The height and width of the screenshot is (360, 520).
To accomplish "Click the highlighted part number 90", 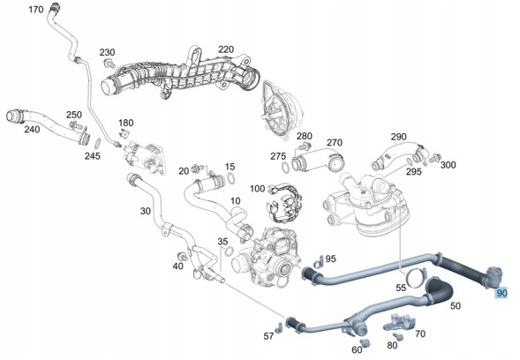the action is (501, 293).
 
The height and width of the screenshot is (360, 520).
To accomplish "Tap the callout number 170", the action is (36, 10).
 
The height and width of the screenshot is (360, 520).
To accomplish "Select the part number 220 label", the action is (226, 49).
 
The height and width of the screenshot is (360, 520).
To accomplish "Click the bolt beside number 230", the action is (109, 63).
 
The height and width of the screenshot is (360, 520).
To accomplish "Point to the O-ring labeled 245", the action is (98, 144).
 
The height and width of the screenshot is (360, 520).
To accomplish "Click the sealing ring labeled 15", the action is (231, 178).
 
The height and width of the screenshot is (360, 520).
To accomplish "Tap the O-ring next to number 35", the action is (229, 251).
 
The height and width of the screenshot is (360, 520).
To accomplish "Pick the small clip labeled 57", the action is (279, 327).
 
